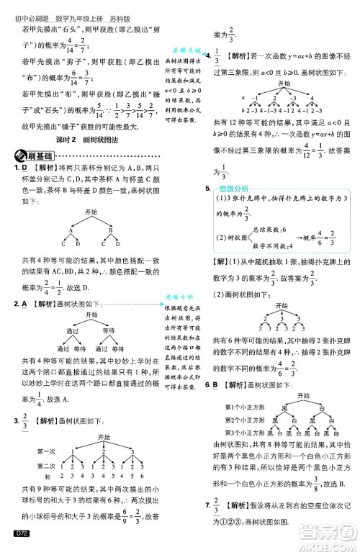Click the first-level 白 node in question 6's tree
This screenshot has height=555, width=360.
tap(307, 407)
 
